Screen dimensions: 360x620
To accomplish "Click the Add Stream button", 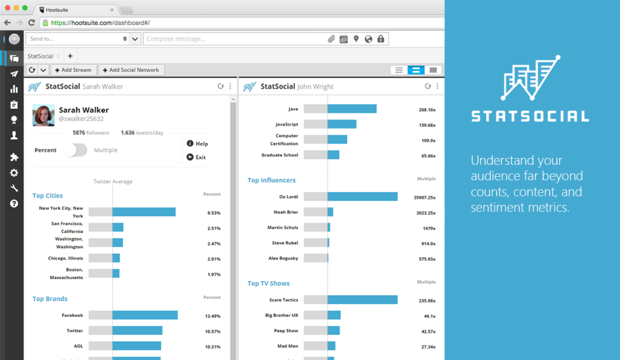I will pos(73,70).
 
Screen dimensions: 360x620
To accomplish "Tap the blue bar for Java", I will pos(352,109).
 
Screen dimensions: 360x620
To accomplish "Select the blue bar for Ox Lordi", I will pos(362,196).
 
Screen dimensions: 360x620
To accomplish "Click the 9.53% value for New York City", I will pos(214,212).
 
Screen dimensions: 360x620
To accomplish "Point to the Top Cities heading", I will pos(48,196).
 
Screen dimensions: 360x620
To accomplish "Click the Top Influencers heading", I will pos(272,180).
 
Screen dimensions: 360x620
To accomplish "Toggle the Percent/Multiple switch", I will pos(75,150).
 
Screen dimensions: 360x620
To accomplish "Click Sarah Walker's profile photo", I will pos(43,115).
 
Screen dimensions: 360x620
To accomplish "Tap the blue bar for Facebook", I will pos(145,315).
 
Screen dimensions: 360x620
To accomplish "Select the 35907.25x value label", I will pos(424,197).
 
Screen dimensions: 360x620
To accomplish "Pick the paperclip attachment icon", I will pos(331,39).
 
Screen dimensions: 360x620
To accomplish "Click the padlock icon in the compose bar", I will pos(381,39).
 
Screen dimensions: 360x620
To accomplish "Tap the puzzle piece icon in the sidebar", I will pos(14,157).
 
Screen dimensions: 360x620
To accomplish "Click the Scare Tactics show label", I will pos(284,300).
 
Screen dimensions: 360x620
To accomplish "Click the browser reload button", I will pos(31,23).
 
